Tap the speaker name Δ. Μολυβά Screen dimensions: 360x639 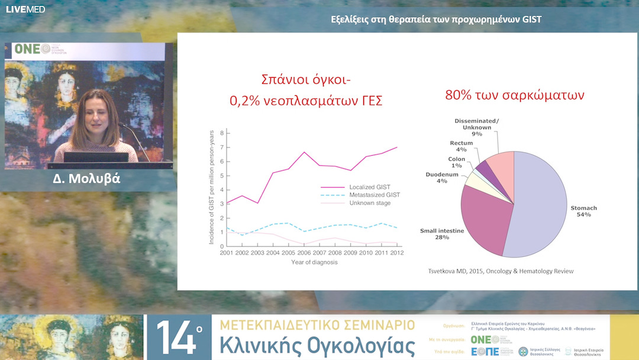click(86, 178)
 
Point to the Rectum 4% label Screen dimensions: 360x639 click(461, 146)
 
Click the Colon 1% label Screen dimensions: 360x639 click(456, 162)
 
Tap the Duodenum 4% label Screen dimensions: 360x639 click(442, 178)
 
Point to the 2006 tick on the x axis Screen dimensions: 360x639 click(304, 253)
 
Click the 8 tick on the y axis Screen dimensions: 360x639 click(221, 133)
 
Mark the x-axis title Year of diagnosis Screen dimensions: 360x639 click(314, 262)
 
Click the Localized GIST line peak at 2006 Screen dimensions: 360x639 click(304, 152)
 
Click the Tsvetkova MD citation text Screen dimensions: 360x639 click(501, 271)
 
